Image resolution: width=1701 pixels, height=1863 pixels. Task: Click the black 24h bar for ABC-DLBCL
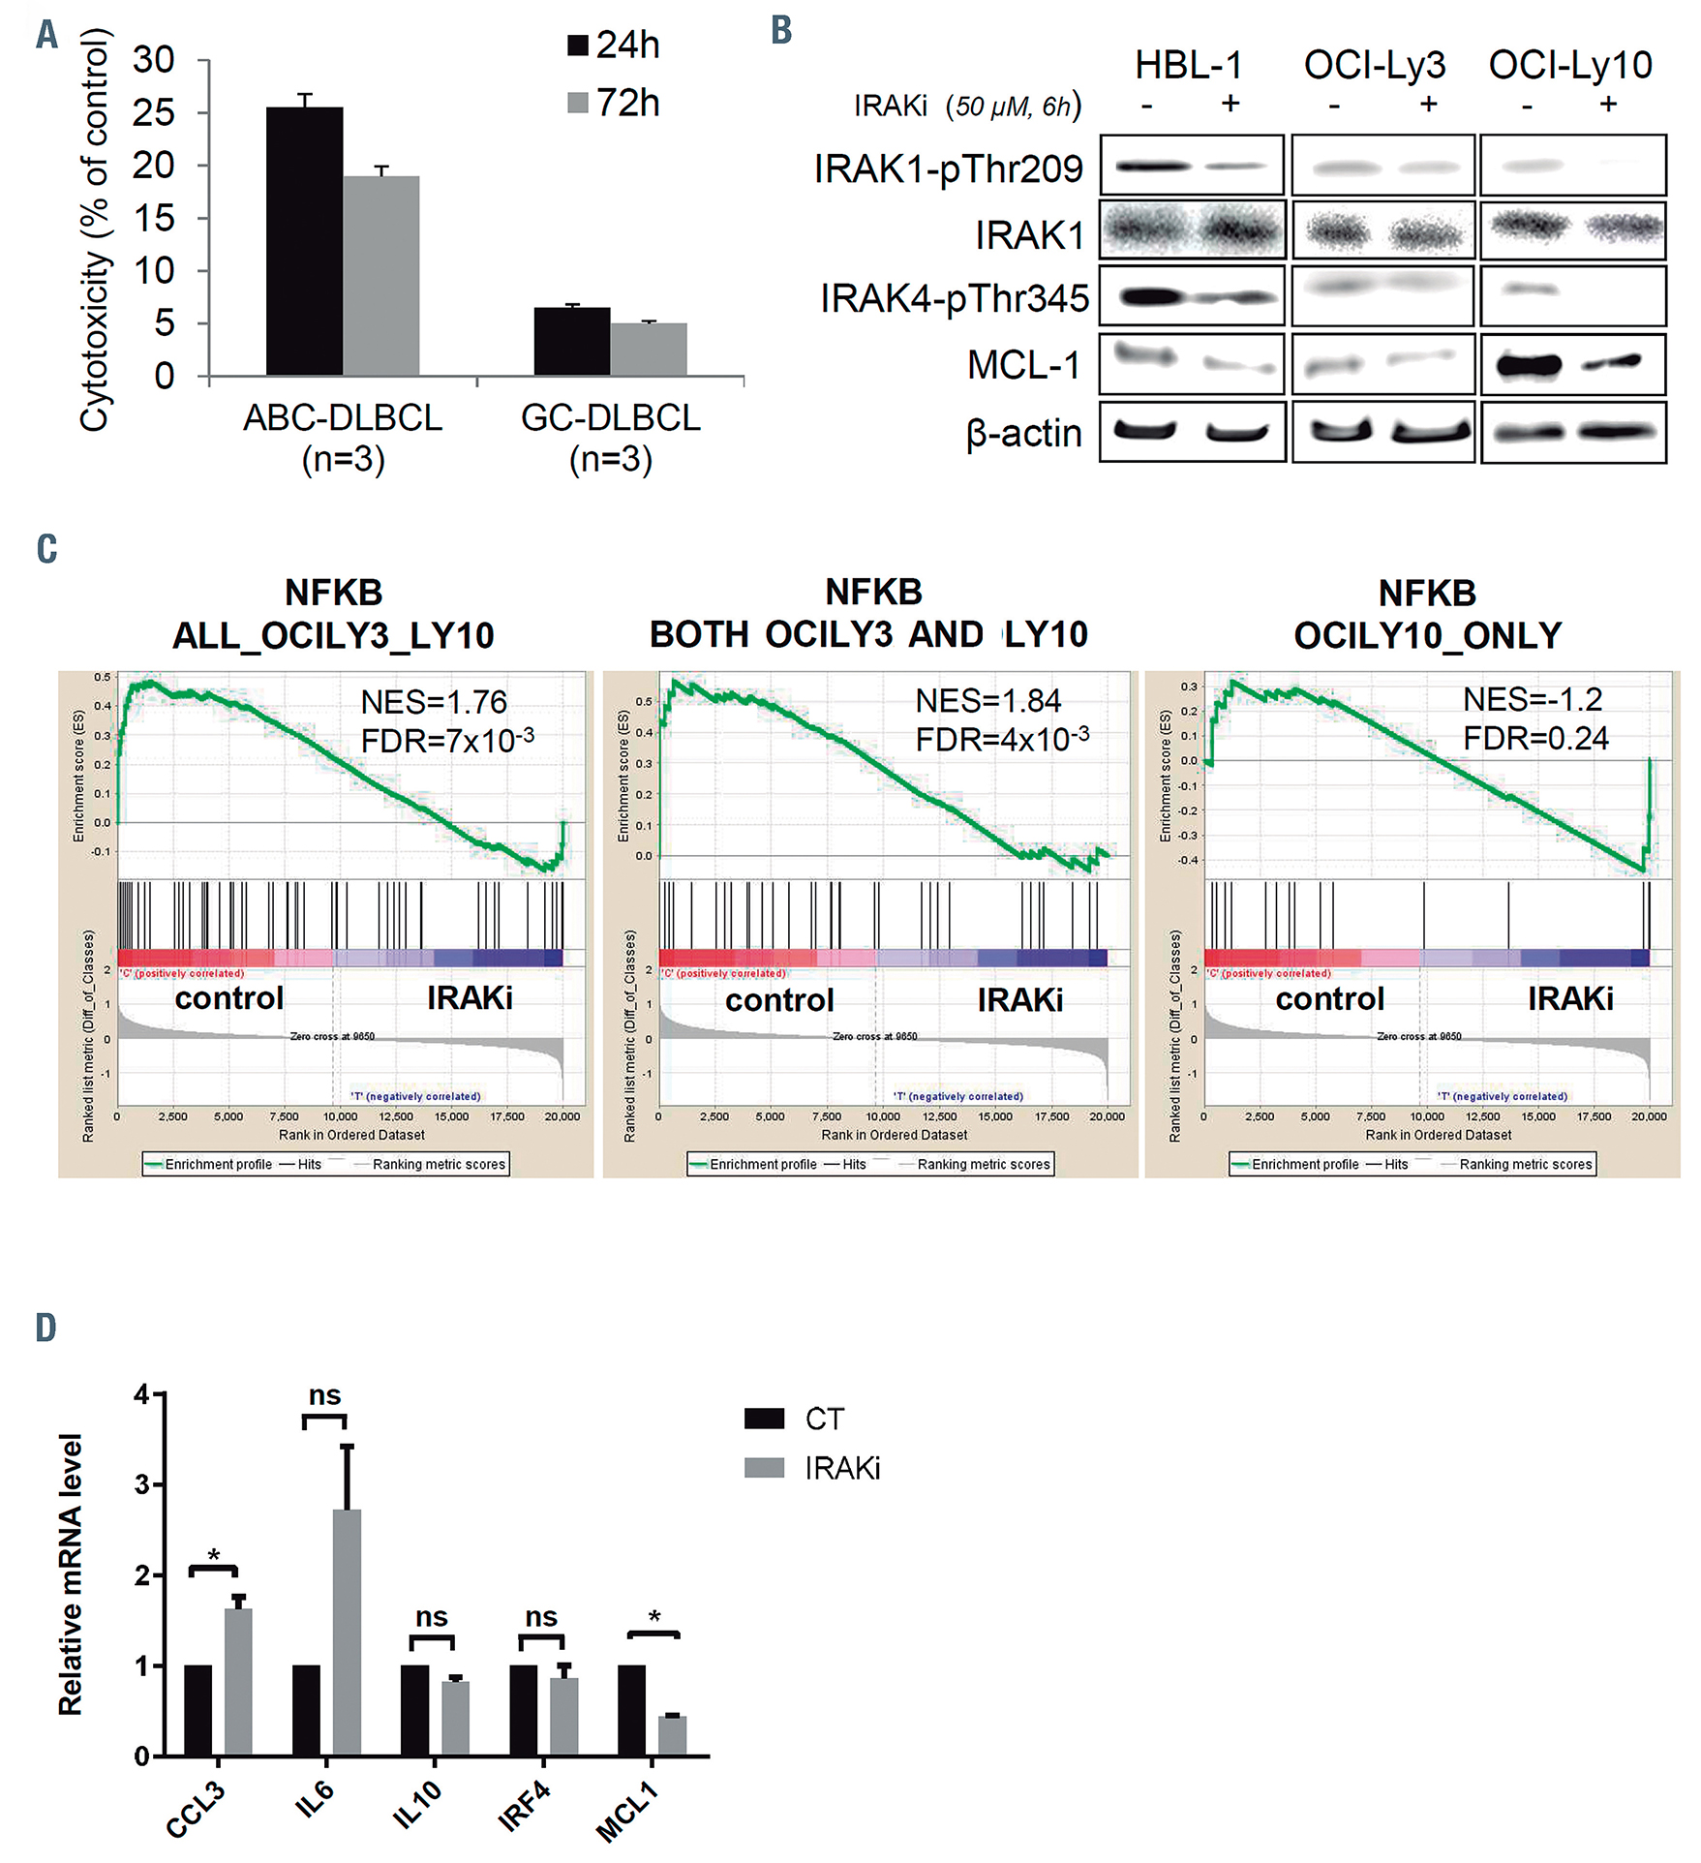[304, 242]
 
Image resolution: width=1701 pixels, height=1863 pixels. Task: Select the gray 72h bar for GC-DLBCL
[649, 350]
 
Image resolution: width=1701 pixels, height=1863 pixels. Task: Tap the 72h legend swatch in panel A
[578, 103]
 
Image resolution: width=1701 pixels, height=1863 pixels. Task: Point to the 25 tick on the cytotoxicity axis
[154, 113]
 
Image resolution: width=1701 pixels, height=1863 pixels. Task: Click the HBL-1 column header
[1188, 66]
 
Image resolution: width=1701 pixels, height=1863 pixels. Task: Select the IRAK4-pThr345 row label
[954, 299]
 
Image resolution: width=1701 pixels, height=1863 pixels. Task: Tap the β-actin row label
[1023, 433]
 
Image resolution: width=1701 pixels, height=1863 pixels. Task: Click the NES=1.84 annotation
[987, 701]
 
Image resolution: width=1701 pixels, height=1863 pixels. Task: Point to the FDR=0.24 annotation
[1534, 739]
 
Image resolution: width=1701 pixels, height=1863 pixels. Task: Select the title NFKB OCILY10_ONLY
[1427, 614]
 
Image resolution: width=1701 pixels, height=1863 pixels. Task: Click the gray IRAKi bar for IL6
[347, 1633]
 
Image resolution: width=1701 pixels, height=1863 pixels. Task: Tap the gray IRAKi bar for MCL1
[672, 1736]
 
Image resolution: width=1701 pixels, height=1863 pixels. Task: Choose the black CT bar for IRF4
[523, 1710]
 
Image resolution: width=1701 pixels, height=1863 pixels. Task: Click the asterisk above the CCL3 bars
[214, 1556]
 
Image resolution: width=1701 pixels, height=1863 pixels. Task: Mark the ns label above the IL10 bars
[432, 1617]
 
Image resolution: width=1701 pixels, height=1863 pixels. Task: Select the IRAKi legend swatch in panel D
[764, 1468]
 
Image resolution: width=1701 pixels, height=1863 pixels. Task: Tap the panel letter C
[46, 549]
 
